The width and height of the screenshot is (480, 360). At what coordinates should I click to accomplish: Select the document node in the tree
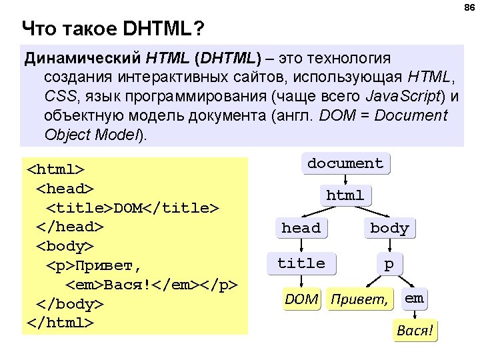(x=345, y=163)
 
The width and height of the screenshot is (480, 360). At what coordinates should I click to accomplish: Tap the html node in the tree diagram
(x=345, y=195)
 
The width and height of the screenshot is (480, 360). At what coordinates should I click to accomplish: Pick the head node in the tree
(x=301, y=228)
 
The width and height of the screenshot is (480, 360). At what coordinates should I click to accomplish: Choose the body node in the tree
(x=389, y=228)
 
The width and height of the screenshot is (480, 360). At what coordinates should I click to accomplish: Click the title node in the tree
(x=301, y=263)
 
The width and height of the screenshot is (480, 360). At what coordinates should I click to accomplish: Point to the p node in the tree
(x=389, y=264)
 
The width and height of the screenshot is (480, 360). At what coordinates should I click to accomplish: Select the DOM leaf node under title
(x=301, y=299)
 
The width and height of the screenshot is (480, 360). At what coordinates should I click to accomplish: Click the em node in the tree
(x=414, y=298)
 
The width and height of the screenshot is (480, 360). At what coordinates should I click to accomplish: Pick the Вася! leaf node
(x=415, y=331)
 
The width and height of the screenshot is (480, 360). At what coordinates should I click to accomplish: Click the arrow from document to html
(x=345, y=179)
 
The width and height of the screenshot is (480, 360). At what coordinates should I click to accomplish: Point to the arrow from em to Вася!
(x=415, y=314)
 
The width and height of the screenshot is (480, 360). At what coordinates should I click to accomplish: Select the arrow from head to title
(x=301, y=245)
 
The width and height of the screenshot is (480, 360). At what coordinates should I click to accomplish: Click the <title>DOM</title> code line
(x=132, y=209)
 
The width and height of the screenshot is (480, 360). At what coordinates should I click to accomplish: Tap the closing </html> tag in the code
(x=60, y=322)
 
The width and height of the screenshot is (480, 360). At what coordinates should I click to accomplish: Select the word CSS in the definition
(x=59, y=97)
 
